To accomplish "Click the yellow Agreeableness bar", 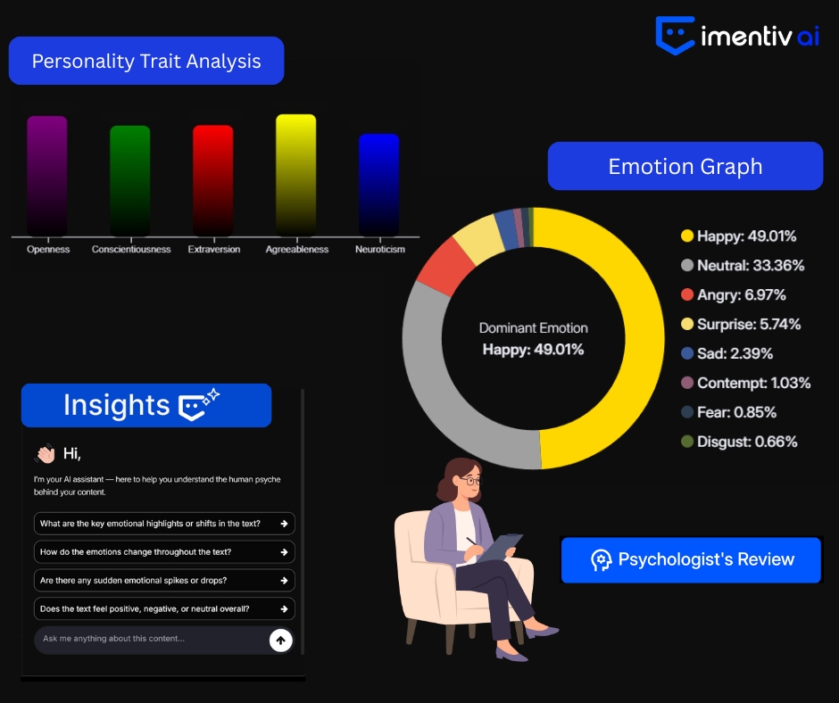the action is coord(296,175).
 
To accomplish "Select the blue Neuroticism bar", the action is coord(378,185).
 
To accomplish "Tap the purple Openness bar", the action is coord(47,176).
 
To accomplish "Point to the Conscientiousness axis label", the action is coord(131,249).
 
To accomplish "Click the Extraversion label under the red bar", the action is coord(214,249).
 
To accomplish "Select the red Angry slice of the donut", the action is coord(445,266).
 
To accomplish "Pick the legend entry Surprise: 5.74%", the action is coord(741,324).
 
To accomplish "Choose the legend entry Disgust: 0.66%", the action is coord(739,442).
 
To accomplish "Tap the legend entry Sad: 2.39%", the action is coord(727,353).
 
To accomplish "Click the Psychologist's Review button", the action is coord(691,559).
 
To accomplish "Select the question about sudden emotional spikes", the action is coord(164,581).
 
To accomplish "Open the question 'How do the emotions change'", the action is coord(164,552).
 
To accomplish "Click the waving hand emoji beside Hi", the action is coord(45,453).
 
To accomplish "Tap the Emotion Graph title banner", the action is coord(685,167).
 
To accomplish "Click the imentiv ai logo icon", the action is coord(675,36).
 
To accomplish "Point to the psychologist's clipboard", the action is coord(499,547).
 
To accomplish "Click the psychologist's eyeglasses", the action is coord(471,481).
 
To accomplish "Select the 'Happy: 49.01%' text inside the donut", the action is coord(534,350).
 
